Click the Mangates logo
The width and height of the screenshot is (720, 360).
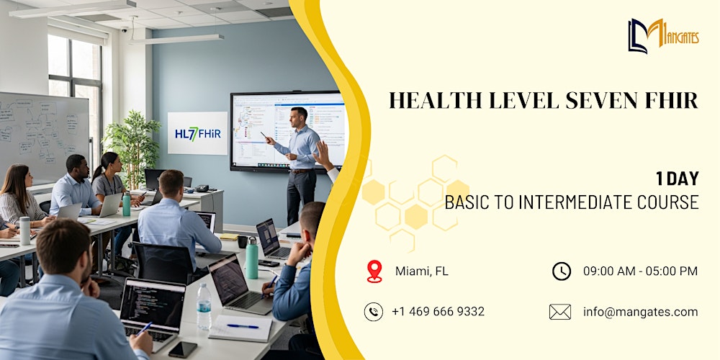662,35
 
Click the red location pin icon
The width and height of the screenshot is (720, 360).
374,271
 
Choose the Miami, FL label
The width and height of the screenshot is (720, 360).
421,271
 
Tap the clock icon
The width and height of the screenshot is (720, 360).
561,271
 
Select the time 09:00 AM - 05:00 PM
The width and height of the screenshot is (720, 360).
640,271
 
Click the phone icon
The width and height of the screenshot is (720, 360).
373,311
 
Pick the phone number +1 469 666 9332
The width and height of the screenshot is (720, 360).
438,312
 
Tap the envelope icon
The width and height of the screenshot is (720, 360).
559,312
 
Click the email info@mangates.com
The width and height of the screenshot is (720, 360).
640,312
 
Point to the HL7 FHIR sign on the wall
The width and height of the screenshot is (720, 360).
197,133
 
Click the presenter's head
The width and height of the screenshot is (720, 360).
298,116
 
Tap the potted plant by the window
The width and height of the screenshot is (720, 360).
132,148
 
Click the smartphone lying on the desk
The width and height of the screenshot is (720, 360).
182,349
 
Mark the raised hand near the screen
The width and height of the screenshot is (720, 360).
322,153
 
